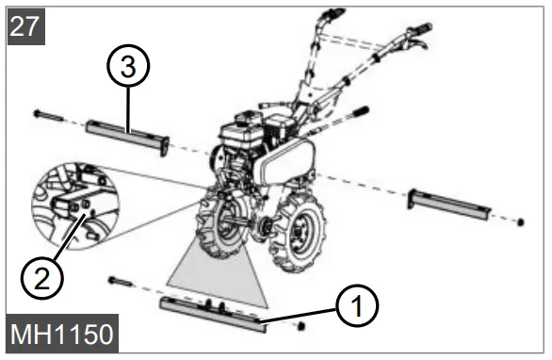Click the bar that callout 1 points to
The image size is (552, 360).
212,310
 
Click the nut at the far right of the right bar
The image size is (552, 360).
520,222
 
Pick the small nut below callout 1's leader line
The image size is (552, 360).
300,326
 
